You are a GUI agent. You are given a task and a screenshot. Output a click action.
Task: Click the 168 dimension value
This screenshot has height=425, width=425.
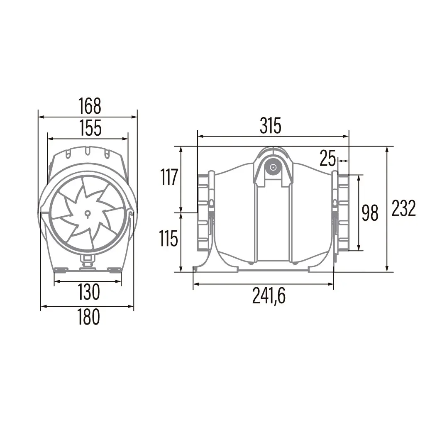coord(90,106)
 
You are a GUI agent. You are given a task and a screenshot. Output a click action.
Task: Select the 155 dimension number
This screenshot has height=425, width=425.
coord(90,128)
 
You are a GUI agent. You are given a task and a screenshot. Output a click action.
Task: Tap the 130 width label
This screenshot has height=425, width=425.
coord(89,292)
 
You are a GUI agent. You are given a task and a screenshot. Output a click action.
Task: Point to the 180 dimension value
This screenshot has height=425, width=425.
coord(89,317)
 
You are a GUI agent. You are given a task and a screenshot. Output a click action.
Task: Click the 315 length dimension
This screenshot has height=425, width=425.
coord(271,125)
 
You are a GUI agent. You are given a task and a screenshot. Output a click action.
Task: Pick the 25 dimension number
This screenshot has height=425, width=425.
coord(327,158)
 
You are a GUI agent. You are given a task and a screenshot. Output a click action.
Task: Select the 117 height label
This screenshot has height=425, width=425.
coord(169,177)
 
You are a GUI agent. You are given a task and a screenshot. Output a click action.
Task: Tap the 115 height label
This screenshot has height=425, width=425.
coord(169,239)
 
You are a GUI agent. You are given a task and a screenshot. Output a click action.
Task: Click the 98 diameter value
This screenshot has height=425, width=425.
coord(370,213)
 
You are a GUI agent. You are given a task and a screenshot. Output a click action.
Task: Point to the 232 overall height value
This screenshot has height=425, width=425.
coord(403,208)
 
